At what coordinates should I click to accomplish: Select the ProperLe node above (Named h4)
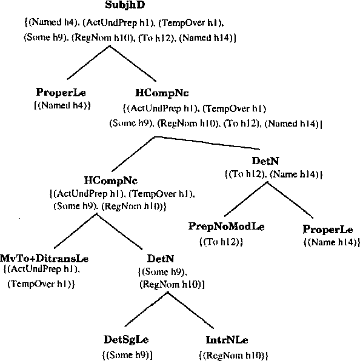(x=61, y=93)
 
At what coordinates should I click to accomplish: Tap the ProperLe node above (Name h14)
(x=328, y=230)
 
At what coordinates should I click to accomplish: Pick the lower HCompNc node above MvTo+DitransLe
(x=110, y=181)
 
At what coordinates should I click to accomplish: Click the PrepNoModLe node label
(x=227, y=227)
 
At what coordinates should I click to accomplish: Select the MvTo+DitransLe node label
(x=41, y=258)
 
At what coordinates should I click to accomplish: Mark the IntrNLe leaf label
(x=227, y=340)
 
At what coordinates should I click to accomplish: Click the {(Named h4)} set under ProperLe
(x=61, y=105)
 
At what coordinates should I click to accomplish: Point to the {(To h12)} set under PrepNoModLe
(x=221, y=242)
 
